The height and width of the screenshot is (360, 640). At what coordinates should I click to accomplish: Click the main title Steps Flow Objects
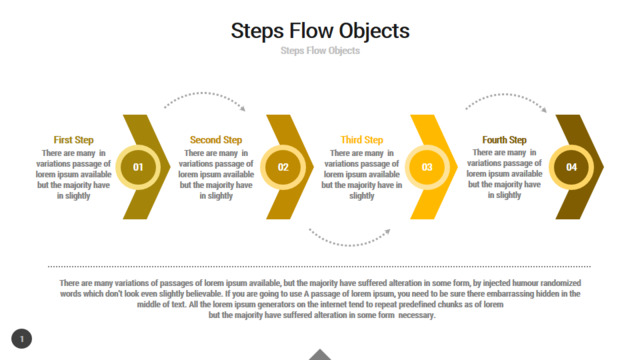click(x=320, y=31)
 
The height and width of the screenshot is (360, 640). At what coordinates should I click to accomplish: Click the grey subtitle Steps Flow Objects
click(x=320, y=51)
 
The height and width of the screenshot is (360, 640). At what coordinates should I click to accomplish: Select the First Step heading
click(x=73, y=140)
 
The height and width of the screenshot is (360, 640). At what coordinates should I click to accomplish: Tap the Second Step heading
click(x=216, y=140)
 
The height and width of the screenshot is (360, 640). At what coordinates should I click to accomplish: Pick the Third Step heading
click(x=362, y=140)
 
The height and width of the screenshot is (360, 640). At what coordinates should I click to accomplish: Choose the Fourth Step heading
click(x=504, y=140)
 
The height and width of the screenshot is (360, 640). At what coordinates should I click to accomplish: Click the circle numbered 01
click(x=138, y=167)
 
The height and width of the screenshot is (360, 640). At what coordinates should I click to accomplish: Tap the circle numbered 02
click(x=283, y=167)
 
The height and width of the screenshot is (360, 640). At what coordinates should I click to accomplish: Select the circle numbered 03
click(x=427, y=167)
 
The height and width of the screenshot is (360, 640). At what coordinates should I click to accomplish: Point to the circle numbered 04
click(x=571, y=167)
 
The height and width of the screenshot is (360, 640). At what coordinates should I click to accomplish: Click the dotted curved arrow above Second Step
click(x=203, y=93)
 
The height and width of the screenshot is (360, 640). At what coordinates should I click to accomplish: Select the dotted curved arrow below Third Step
click(x=349, y=245)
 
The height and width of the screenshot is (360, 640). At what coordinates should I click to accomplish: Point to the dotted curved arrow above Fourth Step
click(x=505, y=94)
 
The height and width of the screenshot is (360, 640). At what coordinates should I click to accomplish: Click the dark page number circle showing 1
click(x=22, y=339)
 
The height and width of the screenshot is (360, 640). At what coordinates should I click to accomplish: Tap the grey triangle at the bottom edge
click(x=320, y=355)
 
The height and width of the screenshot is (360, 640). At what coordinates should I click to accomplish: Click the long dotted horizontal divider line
click(x=319, y=267)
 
